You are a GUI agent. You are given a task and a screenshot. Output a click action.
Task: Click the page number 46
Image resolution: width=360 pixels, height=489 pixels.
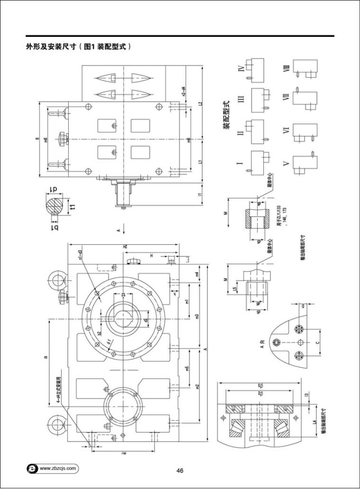pos(180,471)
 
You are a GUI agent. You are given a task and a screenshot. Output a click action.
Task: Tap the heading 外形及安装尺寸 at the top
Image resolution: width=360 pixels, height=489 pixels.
pos(53,47)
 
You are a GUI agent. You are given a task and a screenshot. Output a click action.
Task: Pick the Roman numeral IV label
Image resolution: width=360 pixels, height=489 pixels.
pos(240,69)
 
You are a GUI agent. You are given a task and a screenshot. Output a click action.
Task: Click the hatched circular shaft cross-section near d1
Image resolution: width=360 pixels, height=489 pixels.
pos(54,206)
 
